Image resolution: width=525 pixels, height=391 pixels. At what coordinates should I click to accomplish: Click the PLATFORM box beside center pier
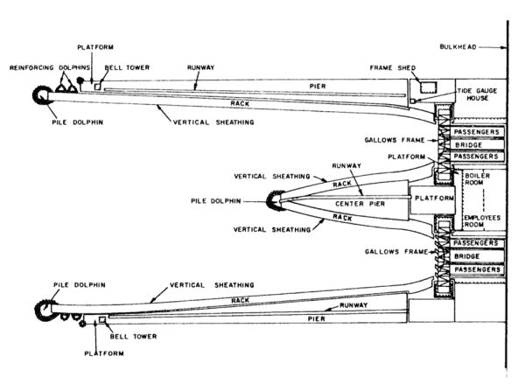tap(435, 199)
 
